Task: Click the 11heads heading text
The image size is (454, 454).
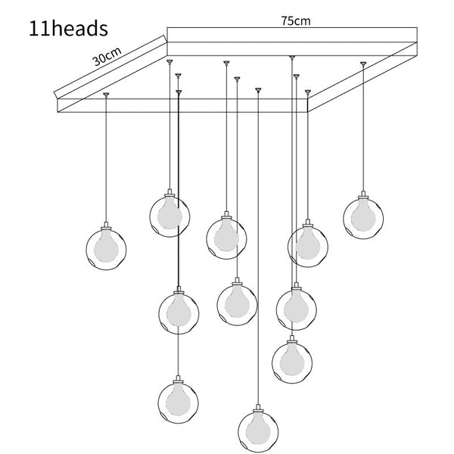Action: pos(68,29)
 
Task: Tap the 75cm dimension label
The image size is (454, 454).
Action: pos(296,21)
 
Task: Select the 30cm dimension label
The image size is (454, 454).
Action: pos(107,57)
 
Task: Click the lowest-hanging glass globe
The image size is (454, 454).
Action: pos(258,432)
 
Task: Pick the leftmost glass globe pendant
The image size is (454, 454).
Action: pos(106,250)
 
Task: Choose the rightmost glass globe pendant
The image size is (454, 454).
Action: pos(363,219)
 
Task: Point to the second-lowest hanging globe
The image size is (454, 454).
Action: pos(179,403)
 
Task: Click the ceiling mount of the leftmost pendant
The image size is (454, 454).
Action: pos(106,95)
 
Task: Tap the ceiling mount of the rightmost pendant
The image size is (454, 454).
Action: pos(363,64)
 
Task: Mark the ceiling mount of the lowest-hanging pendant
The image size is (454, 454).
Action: pos(258,90)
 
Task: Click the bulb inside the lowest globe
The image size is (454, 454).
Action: pos(258,429)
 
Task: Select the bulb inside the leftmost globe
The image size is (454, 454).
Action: pos(106,247)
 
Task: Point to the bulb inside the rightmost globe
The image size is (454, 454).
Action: pos(363,216)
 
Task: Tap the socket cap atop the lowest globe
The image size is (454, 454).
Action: pos(258,409)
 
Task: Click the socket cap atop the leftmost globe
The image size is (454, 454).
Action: pos(106,226)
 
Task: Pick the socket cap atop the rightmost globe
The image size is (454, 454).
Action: pos(363,195)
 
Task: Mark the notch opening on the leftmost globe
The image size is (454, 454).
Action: pos(92,263)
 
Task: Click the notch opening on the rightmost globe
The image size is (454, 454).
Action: pos(349,232)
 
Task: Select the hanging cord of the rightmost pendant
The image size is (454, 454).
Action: pos(363,129)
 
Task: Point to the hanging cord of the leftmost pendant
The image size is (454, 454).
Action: pos(106,159)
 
